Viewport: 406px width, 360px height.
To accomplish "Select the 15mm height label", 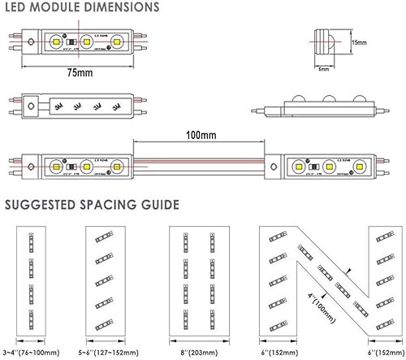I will [358, 41].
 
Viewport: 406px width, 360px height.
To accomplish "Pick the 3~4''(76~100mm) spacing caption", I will [32, 353].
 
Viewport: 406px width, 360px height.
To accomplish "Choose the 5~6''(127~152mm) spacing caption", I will [107, 353].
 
